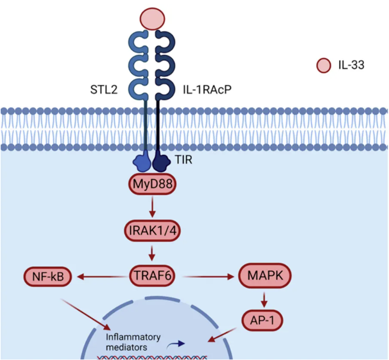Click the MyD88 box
tap(152, 186)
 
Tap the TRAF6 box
tap(152, 275)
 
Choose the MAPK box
tap(263, 275)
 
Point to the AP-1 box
tap(263, 320)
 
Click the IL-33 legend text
tap(351, 66)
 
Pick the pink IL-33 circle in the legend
tap(323, 66)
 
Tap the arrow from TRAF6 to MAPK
tap(206, 275)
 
